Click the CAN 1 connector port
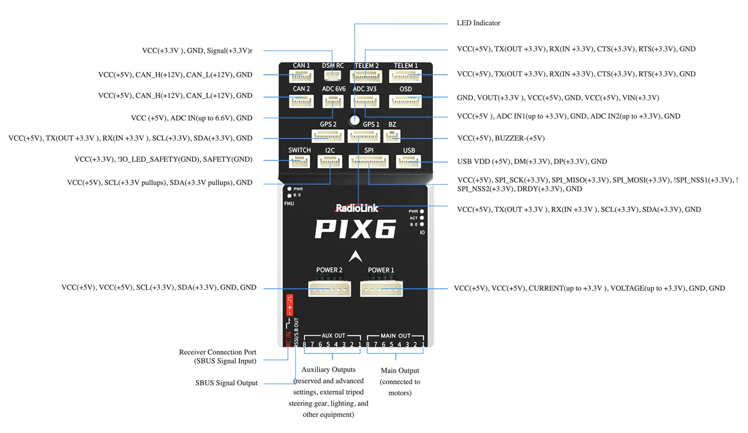(301, 76)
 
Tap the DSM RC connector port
(333, 76)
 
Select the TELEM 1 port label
(406, 66)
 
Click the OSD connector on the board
(406, 101)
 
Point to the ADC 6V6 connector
(333, 101)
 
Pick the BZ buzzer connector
(392, 136)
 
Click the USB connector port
(409, 161)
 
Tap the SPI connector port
(369, 161)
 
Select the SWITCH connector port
(299, 161)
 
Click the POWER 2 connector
(329, 289)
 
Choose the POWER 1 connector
(381, 289)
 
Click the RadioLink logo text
(357, 208)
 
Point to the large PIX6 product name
(355, 229)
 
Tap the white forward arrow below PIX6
(355, 256)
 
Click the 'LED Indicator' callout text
(478, 23)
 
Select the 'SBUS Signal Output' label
(226, 383)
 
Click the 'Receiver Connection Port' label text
(217, 352)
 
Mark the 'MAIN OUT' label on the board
(395, 336)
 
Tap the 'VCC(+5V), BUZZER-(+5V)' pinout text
(501, 138)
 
